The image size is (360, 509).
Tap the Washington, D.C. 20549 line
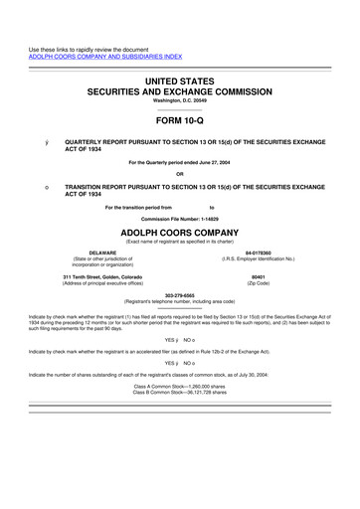(180, 100)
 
